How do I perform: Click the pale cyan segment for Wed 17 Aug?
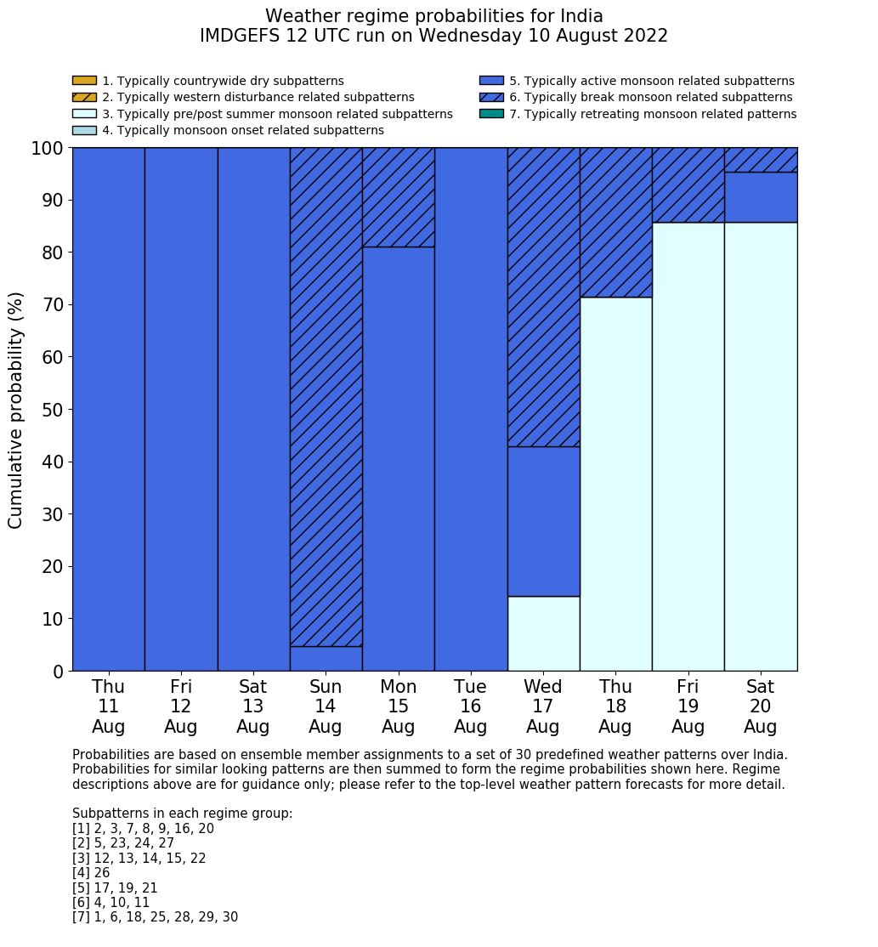click(x=543, y=633)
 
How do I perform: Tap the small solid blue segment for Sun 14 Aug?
click(x=326, y=659)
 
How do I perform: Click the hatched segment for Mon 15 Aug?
click(x=398, y=197)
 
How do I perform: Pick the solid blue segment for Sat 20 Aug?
click(x=761, y=197)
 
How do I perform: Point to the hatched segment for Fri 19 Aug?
click(x=688, y=185)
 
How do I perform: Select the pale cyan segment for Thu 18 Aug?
click(x=615, y=484)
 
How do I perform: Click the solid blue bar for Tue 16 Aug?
click(x=471, y=409)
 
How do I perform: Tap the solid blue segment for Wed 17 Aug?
click(x=543, y=521)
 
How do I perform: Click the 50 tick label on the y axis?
click(x=53, y=410)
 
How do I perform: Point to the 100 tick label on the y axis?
click(x=48, y=149)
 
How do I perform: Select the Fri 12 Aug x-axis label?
click(x=181, y=706)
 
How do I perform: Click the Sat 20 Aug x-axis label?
click(x=761, y=706)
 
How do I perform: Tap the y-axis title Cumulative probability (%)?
click(x=16, y=410)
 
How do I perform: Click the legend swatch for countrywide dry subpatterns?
click(x=84, y=81)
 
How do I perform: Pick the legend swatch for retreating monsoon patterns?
click(x=491, y=114)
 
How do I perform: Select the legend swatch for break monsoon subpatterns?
click(x=491, y=97)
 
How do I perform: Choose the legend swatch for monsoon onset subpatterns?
click(x=84, y=130)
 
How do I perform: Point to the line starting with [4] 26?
click(x=92, y=873)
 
